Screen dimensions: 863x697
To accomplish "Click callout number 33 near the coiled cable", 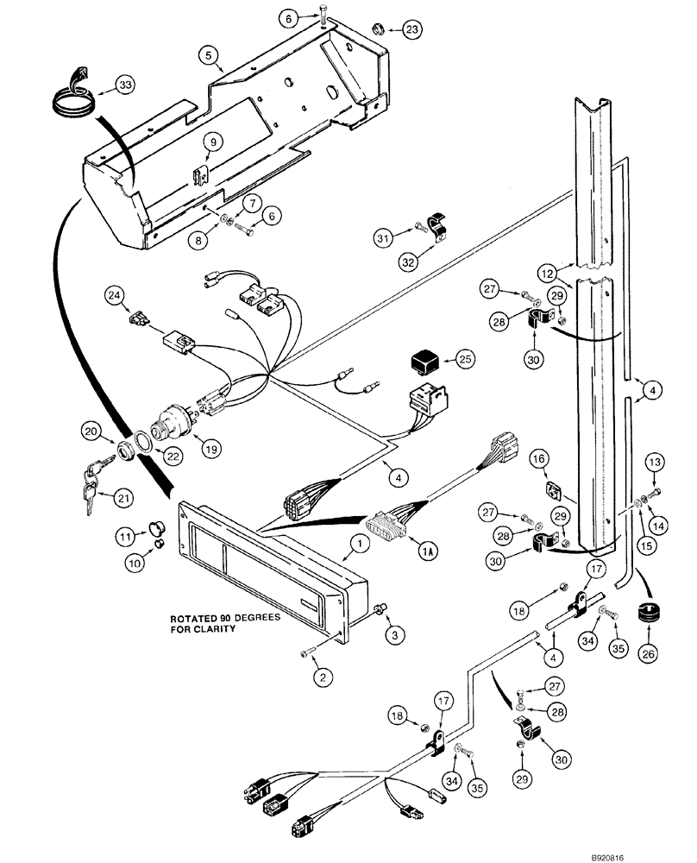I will [126, 85].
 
